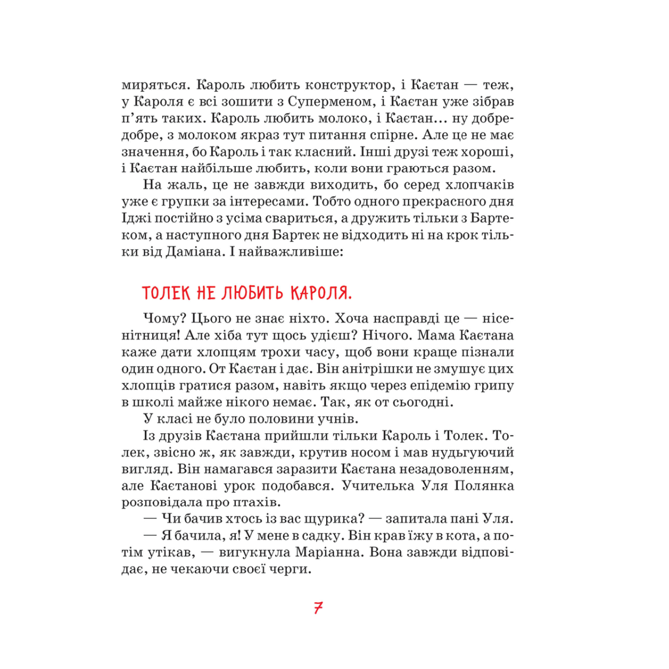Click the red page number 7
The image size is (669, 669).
pos(318,608)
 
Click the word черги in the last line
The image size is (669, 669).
pos(288,570)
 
